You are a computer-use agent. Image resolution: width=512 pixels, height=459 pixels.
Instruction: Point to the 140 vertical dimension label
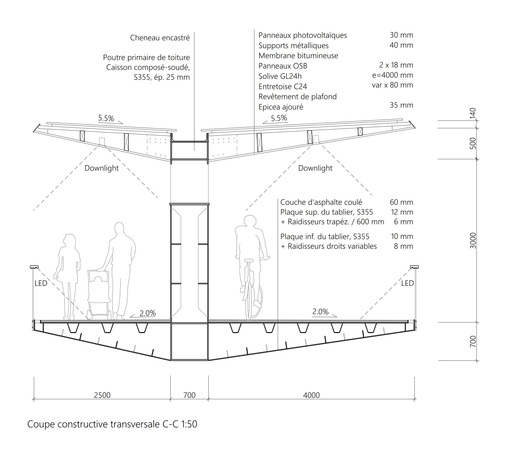pos(473,113)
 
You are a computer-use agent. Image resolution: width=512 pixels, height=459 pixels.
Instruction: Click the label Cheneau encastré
pos(160,38)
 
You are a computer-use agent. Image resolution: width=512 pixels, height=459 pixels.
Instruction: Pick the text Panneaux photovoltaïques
pos(303,35)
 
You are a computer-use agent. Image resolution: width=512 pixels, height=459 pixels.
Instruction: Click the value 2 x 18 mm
pos(396,65)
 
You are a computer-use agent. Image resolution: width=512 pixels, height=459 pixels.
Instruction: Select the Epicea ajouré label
pos(281,107)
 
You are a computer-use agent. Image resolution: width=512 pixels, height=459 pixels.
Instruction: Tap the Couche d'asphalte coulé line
pos(321,202)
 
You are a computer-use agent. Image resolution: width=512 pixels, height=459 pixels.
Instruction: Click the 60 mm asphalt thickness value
pos(401,202)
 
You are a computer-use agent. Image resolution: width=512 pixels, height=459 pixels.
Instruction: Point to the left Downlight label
pos(101,168)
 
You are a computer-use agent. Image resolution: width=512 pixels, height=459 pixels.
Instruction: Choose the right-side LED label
pos(407,283)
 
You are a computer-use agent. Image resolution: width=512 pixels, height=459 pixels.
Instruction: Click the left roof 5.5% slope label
pos(106,118)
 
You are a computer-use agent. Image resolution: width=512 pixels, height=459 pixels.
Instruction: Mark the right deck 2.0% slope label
pos(320,312)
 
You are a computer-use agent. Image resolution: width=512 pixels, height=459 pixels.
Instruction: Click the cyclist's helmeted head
pos(250,221)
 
